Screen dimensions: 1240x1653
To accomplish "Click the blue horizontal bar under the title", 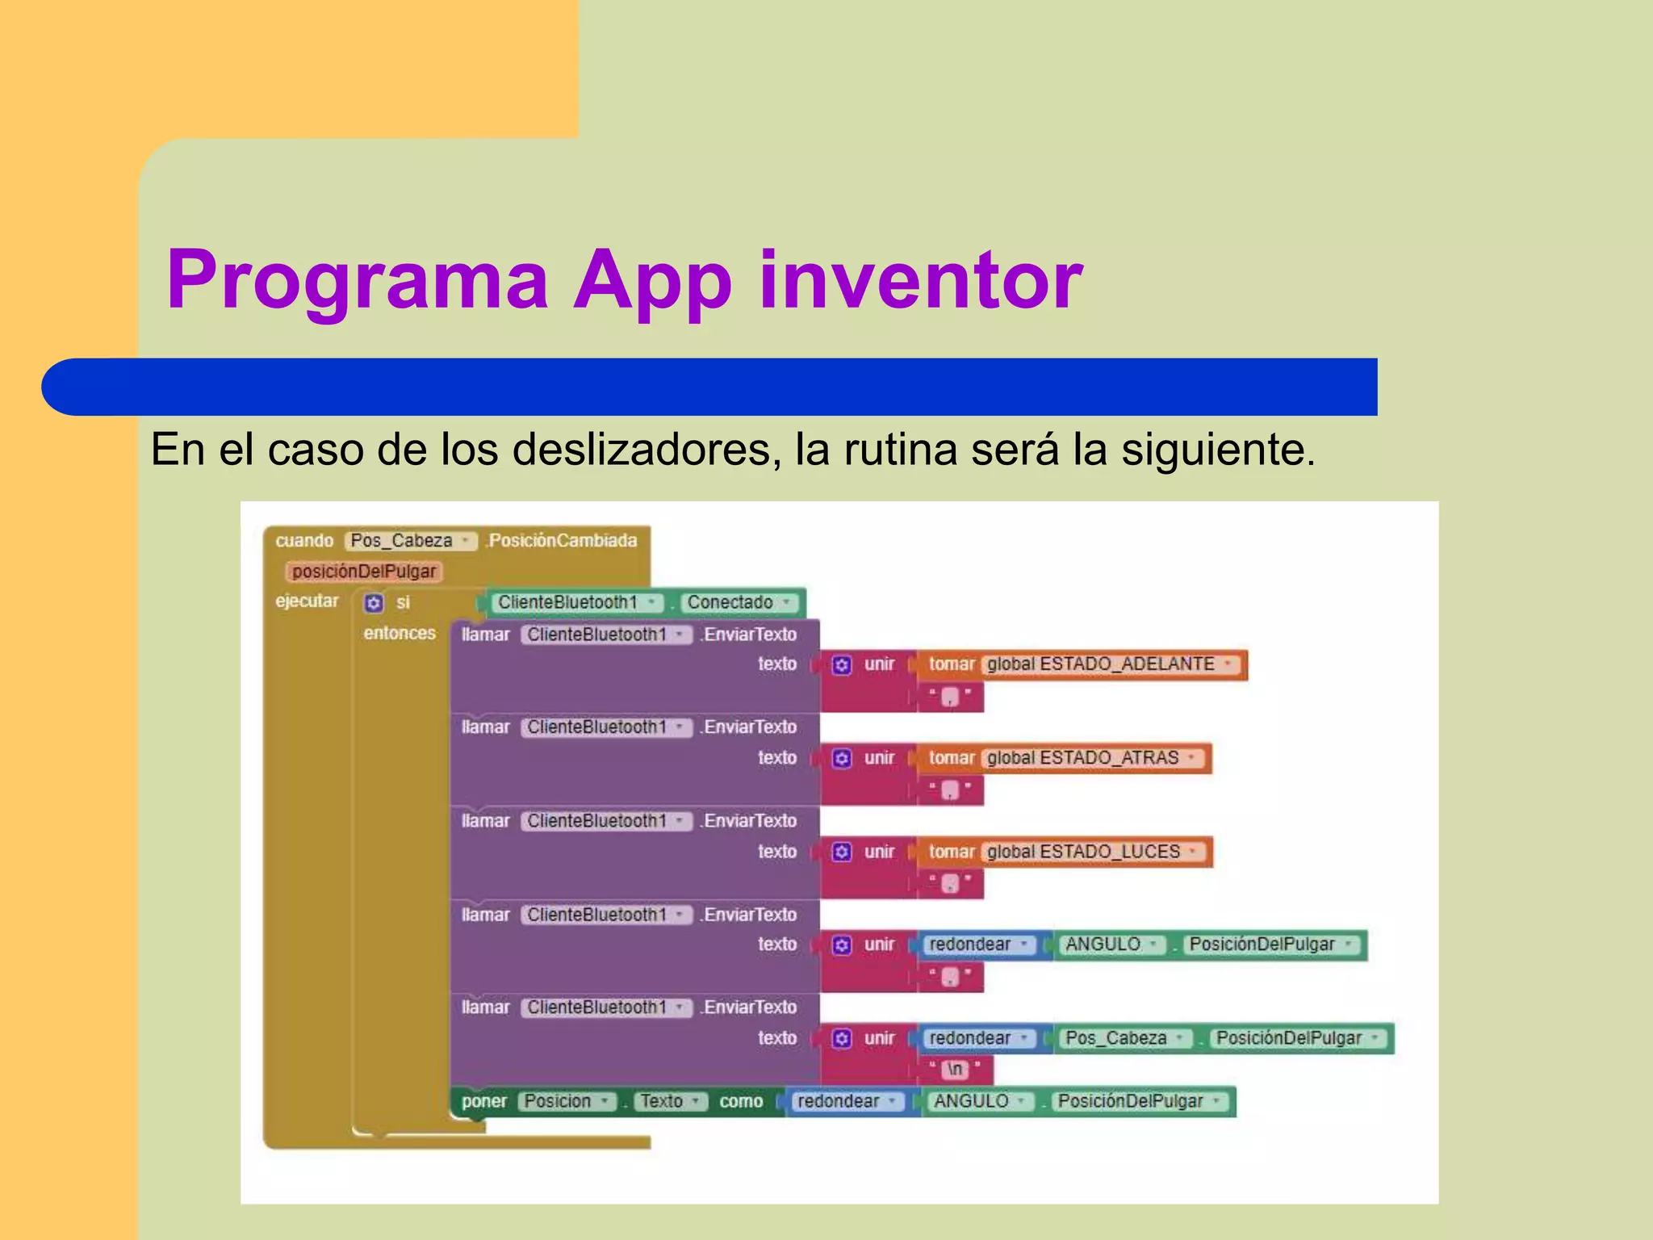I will point(710,387).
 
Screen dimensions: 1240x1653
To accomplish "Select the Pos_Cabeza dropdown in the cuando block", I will point(410,541).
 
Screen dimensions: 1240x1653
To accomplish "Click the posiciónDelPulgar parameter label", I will point(363,572).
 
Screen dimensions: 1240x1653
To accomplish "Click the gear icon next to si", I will point(373,603).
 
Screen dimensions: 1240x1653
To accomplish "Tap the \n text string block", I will point(955,1069).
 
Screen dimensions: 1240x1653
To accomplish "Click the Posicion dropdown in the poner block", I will point(565,1101).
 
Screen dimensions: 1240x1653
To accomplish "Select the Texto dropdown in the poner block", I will point(668,1101).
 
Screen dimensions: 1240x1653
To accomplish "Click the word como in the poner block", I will point(741,1101).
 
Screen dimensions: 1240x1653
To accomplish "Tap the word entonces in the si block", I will point(399,633).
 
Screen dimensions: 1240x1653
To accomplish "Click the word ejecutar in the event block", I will point(307,601).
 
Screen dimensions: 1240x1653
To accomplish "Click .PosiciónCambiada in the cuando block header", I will point(563,541).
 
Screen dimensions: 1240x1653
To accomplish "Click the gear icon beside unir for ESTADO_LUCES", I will point(842,852).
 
